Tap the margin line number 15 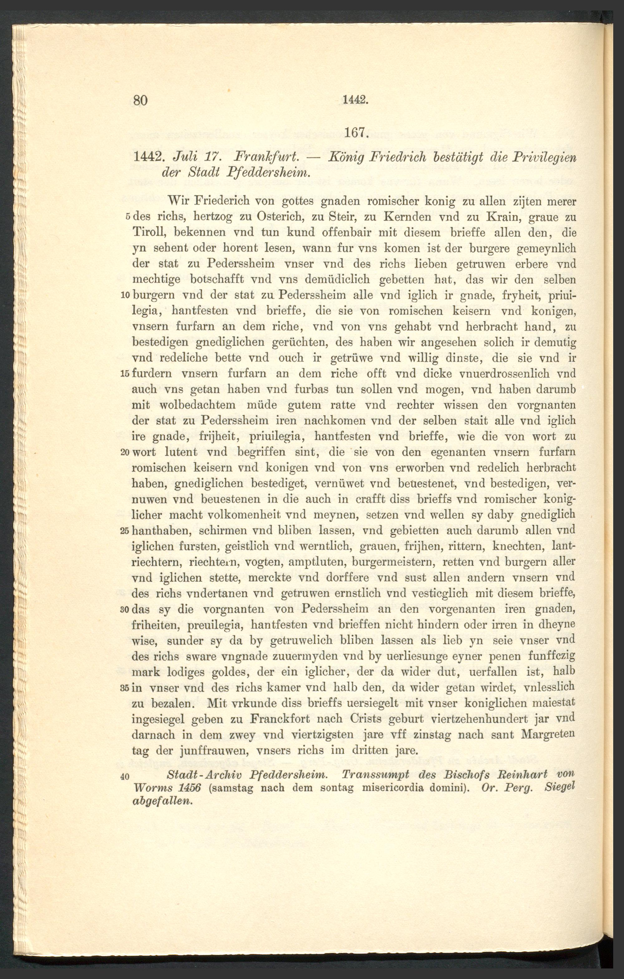pyautogui.click(x=125, y=374)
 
